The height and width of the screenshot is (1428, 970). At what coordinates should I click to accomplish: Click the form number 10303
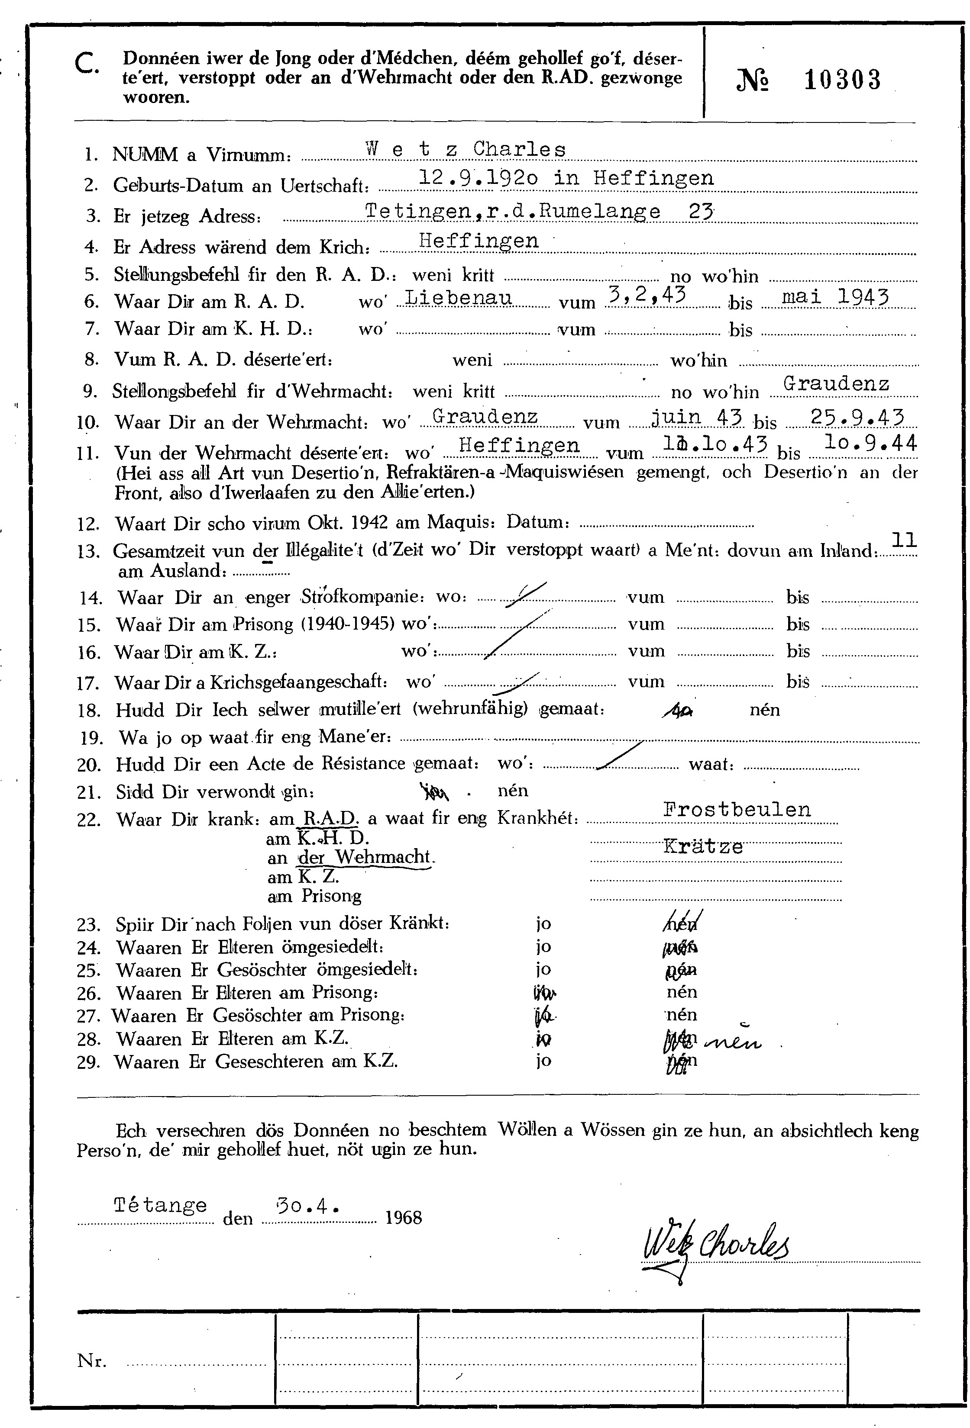point(842,80)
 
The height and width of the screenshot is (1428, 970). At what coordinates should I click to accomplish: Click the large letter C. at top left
point(87,63)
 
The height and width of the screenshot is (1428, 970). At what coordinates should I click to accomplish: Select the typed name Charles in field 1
point(519,149)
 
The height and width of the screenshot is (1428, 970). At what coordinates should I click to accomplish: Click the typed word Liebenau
point(459,298)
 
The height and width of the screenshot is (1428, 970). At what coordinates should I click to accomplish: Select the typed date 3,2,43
point(645,296)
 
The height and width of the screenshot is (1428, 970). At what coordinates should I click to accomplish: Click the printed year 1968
point(403,1217)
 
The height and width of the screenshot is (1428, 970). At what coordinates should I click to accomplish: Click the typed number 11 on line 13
point(904,540)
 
